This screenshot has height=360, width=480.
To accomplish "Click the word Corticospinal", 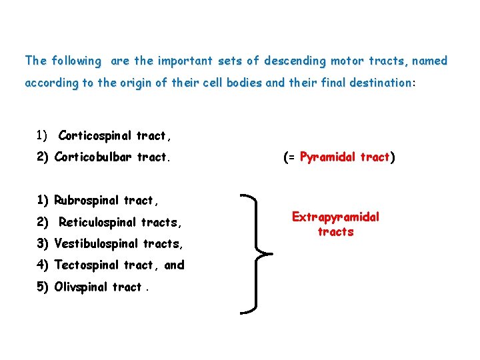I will click(95, 136).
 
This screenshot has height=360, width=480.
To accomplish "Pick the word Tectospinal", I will click(86, 265).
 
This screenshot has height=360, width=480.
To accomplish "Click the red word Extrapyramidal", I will click(335, 217).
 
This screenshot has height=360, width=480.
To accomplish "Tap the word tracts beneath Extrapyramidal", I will click(335, 232).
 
